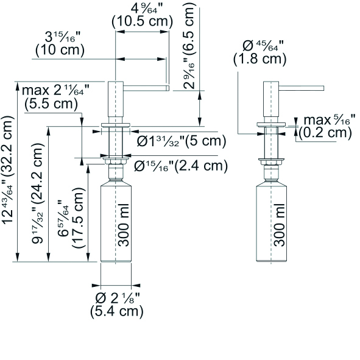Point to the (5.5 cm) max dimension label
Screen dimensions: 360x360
(51, 104)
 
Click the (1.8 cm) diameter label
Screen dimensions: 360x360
(259, 59)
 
